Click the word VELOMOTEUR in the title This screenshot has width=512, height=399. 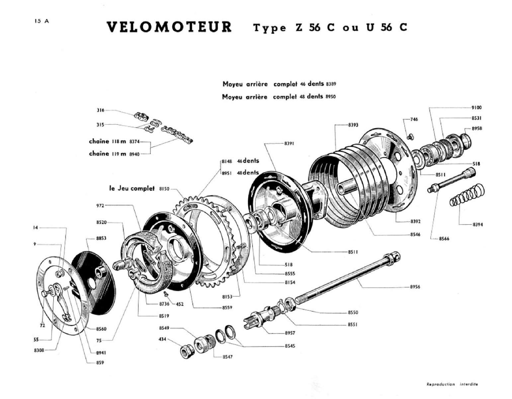click(x=169, y=27)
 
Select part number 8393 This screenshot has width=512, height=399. click(x=353, y=125)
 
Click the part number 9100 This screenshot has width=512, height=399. click(x=476, y=107)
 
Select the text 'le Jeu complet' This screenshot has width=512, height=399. click(x=132, y=188)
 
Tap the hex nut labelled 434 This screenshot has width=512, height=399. click(x=185, y=350)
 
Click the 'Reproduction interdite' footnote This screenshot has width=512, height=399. click(x=452, y=384)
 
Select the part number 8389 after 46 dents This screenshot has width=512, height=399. click(x=331, y=84)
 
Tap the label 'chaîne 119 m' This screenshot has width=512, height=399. click(x=107, y=154)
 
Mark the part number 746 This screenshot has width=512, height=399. click(x=414, y=119)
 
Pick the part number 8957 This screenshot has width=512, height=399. click(x=290, y=333)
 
